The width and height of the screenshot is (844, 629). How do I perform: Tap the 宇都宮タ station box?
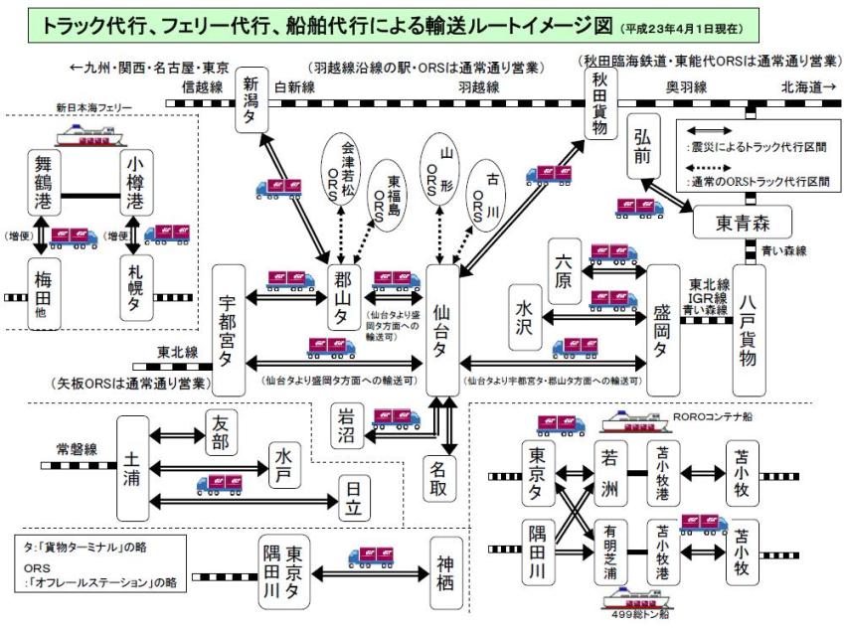coord(229,330)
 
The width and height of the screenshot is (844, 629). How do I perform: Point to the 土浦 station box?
coord(131,466)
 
